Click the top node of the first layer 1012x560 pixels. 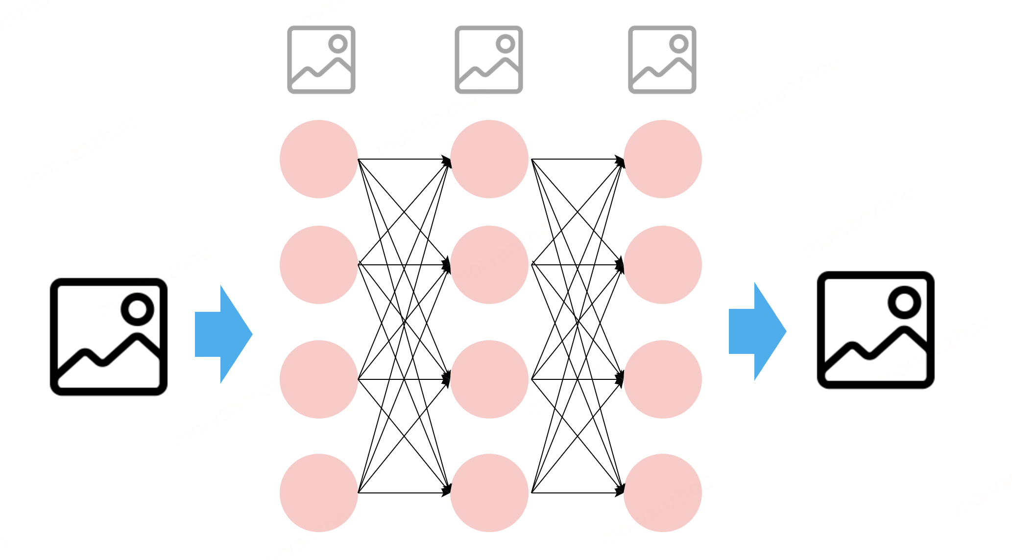coord(319,159)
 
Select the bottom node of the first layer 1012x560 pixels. coord(319,493)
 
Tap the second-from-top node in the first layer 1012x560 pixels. coord(319,265)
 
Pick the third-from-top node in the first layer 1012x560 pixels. coord(319,379)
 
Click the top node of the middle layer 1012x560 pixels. coord(489,159)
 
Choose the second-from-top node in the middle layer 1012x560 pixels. coord(489,265)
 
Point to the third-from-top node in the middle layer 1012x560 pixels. coord(489,379)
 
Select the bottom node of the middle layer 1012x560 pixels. coord(489,493)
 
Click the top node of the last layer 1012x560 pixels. coord(663,159)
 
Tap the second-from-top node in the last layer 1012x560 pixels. coord(663,265)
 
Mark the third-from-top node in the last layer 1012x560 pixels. coord(663,379)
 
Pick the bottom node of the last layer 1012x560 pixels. coord(663,493)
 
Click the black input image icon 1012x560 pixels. coord(109,337)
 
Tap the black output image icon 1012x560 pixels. coord(876,330)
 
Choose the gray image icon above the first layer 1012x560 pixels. coord(321,60)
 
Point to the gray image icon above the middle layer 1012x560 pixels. coord(489,60)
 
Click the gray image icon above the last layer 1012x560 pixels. coord(662,60)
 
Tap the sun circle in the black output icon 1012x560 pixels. coord(904,302)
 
